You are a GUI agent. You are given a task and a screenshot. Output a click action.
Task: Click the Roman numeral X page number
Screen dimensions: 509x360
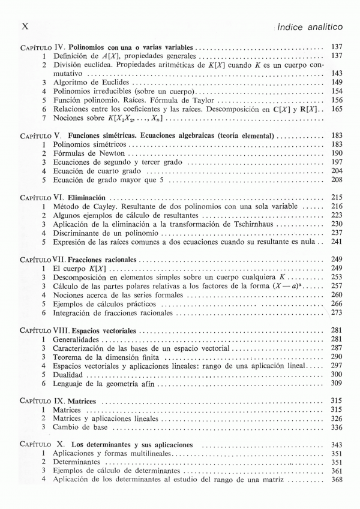point(25,27)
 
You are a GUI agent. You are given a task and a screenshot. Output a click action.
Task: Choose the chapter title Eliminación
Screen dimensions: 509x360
point(87,197)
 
